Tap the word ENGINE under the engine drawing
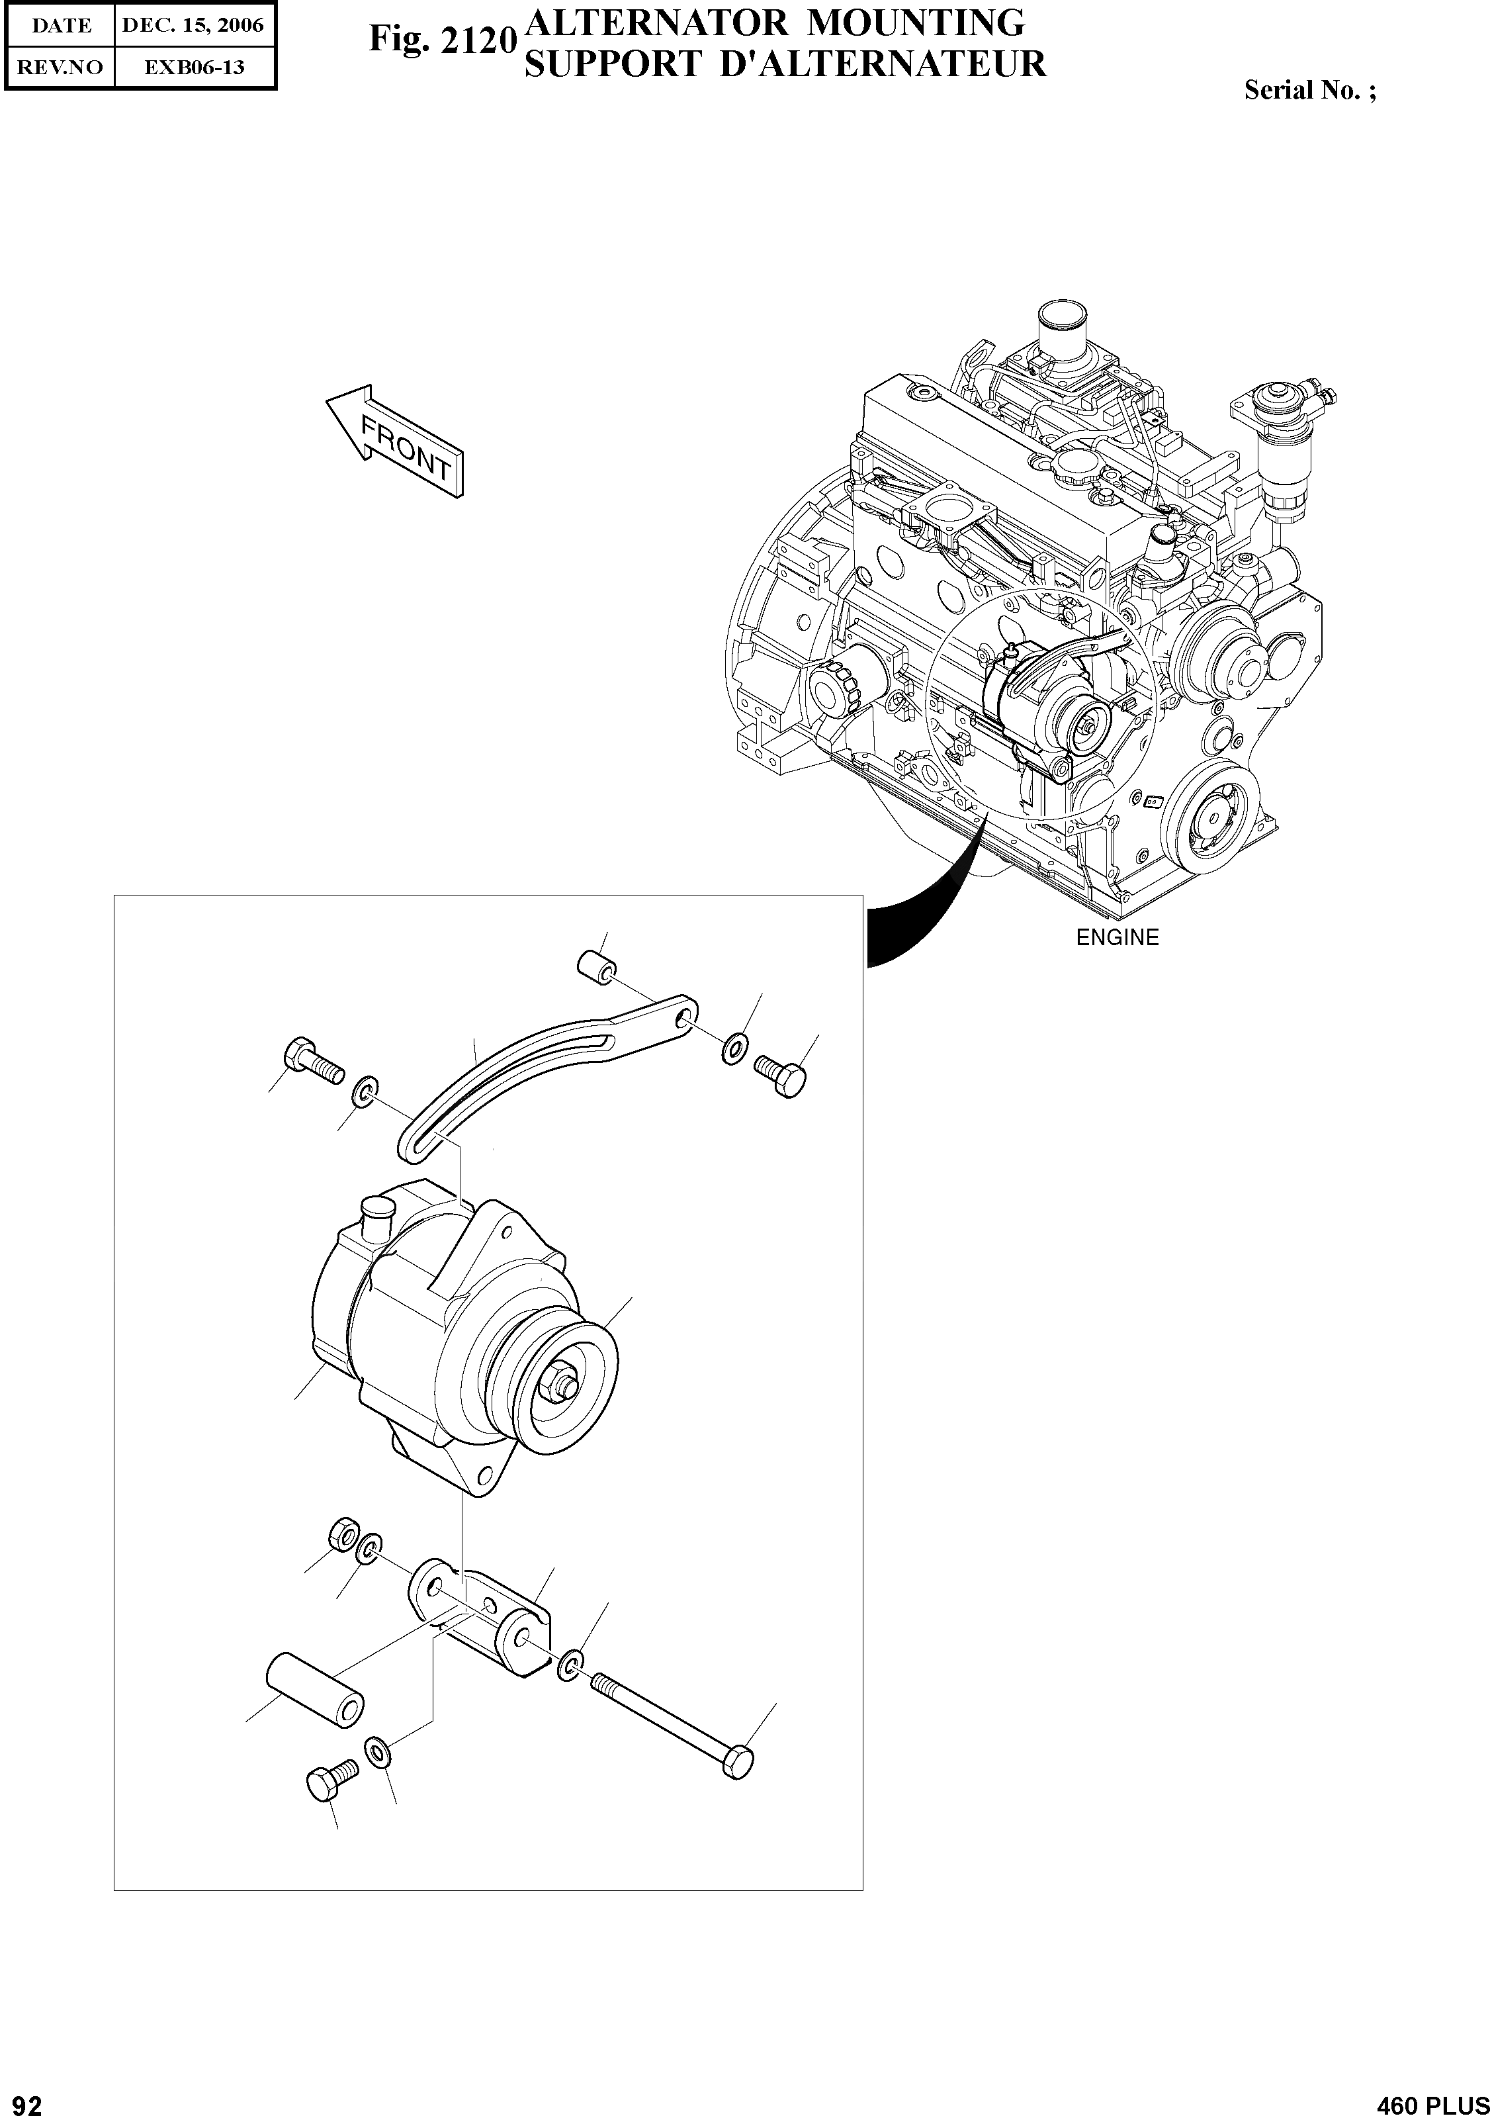click(x=1117, y=937)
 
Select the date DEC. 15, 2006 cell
click(x=193, y=26)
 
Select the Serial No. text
click(x=1309, y=89)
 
